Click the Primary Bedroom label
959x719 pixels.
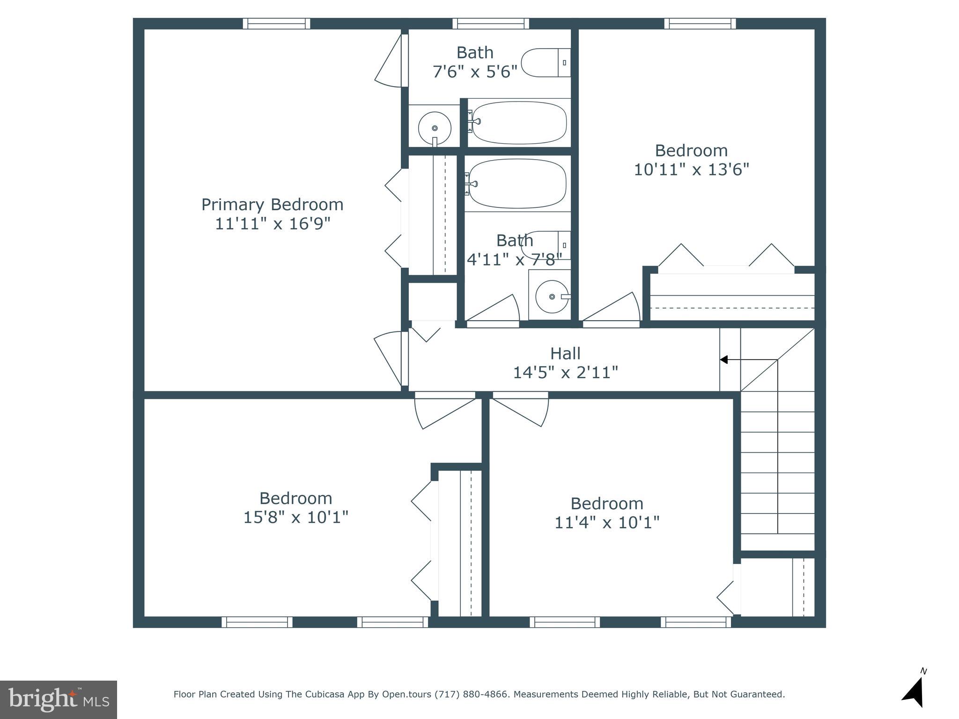tap(272, 205)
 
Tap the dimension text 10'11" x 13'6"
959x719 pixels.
tap(691, 169)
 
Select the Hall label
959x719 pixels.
tap(565, 353)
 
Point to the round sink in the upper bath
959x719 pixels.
tap(435, 128)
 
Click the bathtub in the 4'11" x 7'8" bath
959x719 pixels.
tap(517, 183)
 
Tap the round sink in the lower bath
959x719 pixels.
tap(552, 297)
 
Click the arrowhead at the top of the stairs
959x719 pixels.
tap(723, 359)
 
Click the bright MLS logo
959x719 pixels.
tap(58, 699)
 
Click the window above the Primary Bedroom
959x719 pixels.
tap(276, 23)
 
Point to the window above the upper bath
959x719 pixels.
tap(490, 23)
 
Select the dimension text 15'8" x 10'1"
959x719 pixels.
tap(295, 517)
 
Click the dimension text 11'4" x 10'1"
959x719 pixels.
tap(607, 522)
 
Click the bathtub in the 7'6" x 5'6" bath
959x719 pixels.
tap(518, 123)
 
